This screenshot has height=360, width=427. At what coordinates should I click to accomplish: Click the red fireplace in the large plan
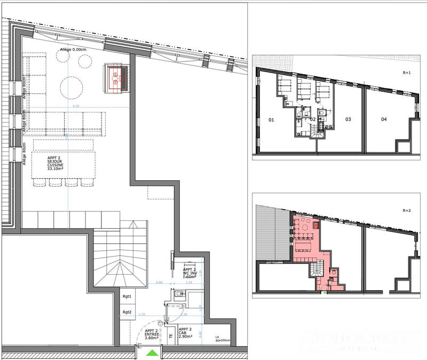116,77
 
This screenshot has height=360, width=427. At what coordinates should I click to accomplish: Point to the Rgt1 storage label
127,295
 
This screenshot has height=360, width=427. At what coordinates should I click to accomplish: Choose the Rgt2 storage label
127,312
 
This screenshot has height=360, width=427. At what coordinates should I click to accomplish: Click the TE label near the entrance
171,336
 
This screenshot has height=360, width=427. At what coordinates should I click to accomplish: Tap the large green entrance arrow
153,353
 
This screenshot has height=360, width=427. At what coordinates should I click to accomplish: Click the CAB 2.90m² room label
186,334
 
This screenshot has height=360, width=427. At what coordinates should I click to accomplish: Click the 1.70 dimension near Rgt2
141,315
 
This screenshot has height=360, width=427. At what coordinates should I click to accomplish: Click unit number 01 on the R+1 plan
271,120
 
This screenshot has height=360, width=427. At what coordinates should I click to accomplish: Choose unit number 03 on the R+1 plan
347,119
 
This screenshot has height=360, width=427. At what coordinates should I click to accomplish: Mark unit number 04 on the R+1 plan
383,119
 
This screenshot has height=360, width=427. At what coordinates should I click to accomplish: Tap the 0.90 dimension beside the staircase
159,283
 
